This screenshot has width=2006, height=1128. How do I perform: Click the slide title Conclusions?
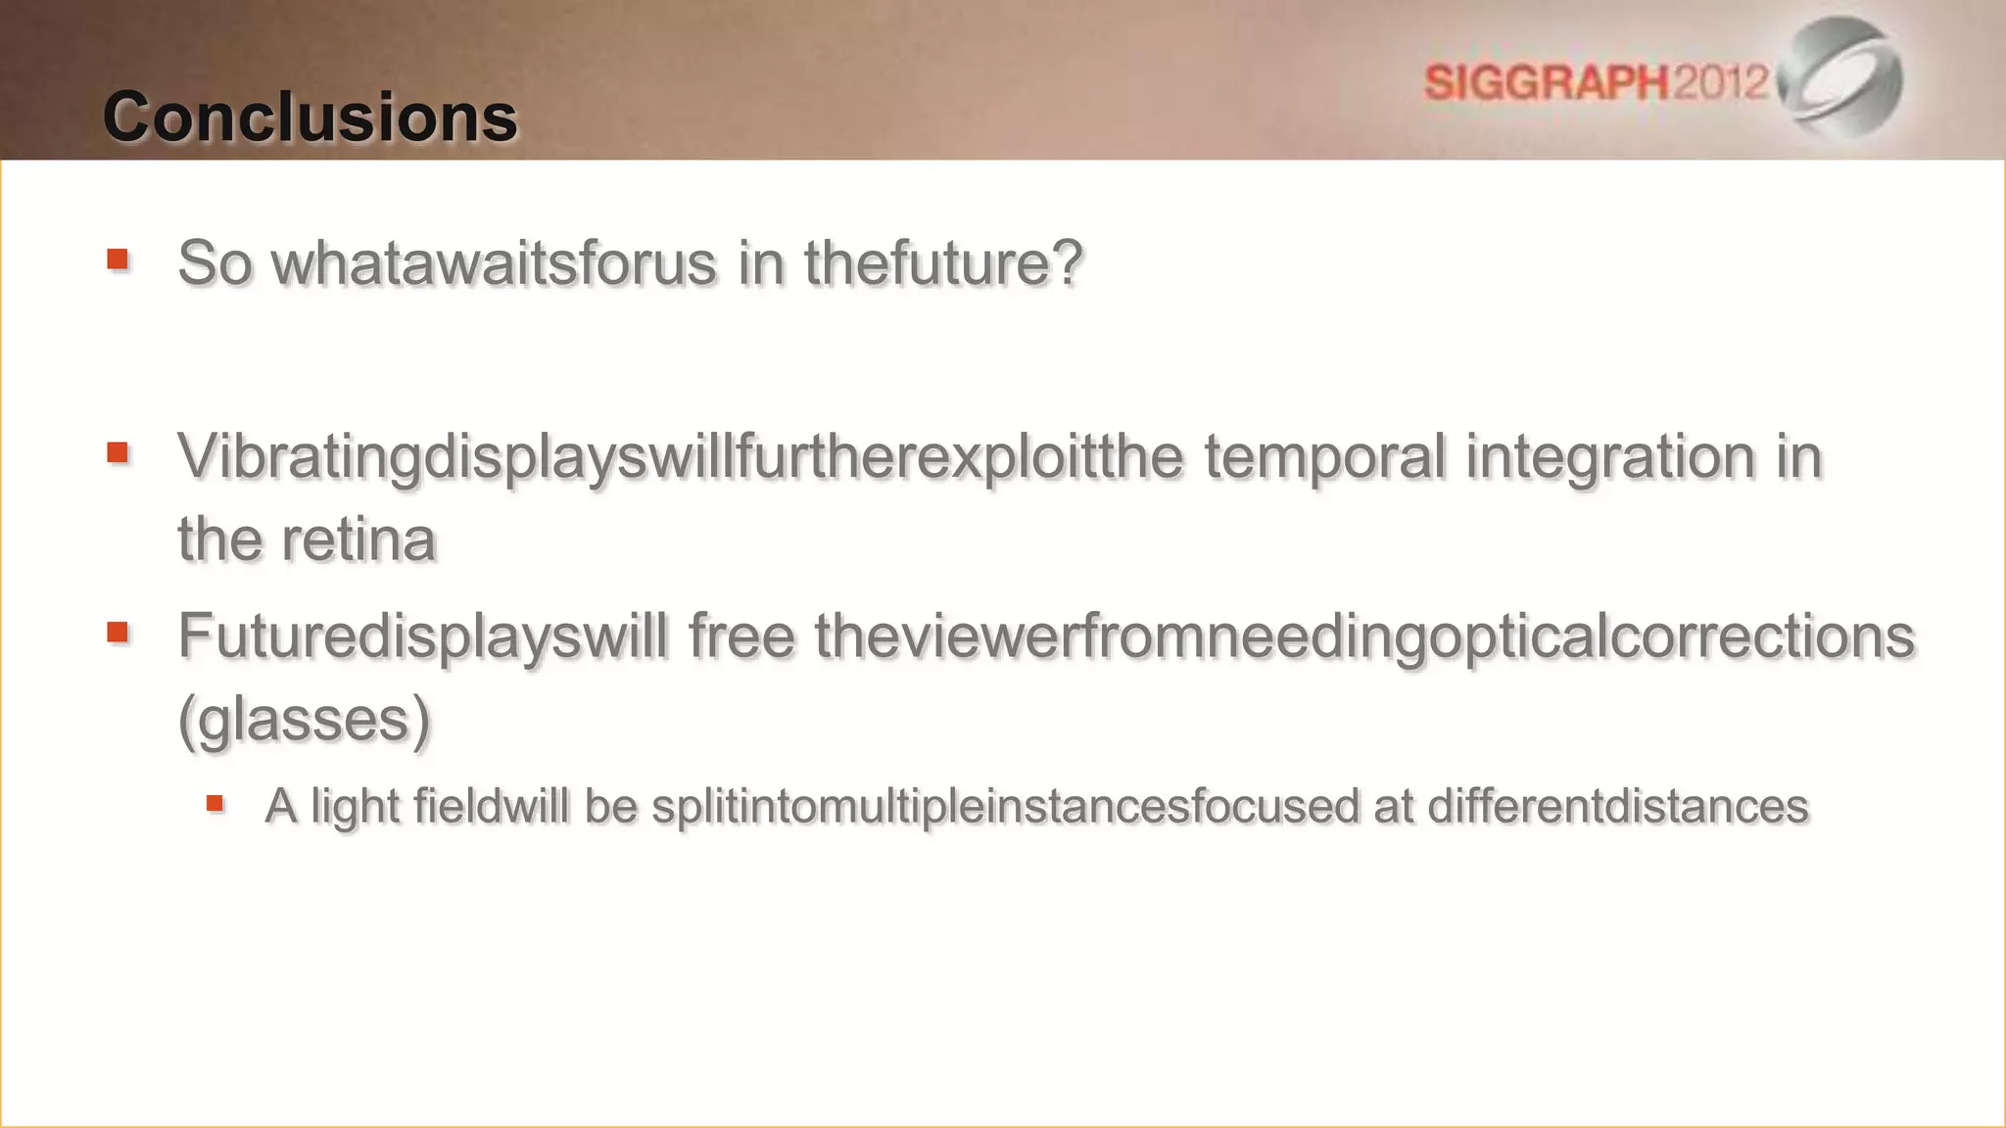310,117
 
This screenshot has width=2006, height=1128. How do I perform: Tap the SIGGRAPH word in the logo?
1546,82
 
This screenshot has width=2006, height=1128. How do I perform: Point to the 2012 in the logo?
1720,82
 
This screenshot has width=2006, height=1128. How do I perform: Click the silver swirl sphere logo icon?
1841,76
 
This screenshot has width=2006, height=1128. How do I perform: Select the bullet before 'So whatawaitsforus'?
119,259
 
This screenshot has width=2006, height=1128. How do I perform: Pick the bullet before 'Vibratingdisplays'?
119,452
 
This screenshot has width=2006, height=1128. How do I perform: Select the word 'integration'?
1610,456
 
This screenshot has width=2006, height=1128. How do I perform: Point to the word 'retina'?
358,540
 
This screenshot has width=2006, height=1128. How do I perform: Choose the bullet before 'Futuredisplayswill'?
119,632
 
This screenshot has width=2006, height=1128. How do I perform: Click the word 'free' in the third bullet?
740,635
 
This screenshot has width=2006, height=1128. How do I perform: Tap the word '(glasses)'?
305,720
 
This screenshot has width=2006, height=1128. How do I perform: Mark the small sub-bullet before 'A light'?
215,805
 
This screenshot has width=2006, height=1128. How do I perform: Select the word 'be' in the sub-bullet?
610,807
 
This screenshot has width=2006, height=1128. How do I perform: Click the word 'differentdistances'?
1617,807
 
